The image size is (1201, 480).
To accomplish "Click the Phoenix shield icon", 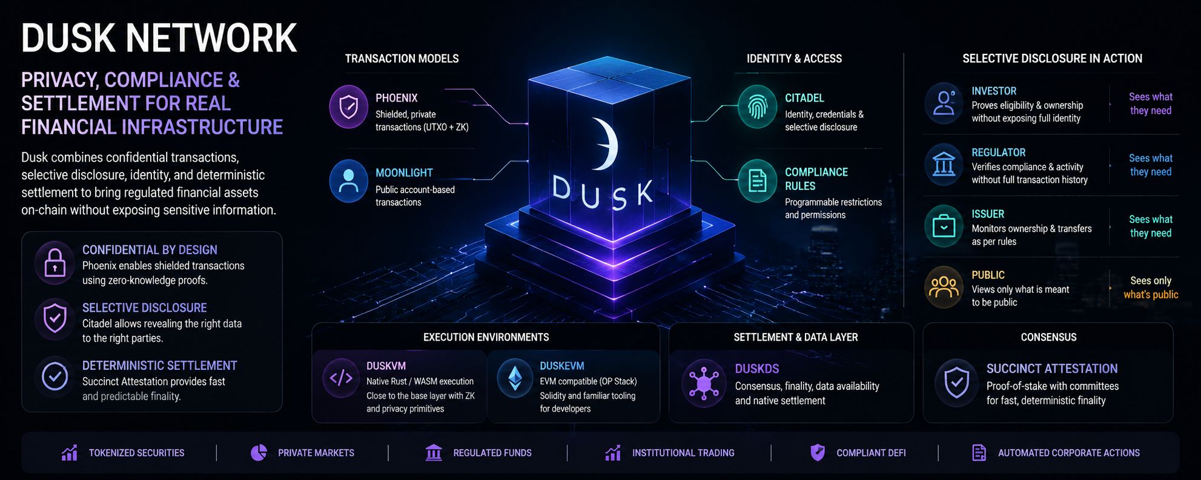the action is pyautogui.click(x=348, y=107).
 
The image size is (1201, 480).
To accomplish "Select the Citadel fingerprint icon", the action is pyautogui.click(x=757, y=107).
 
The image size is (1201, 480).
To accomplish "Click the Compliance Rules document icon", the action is pyautogui.click(x=757, y=181).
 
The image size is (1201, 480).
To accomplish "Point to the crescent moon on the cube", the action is pyautogui.click(x=606, y=144).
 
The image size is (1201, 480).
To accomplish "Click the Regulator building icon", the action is pyautogui.click(x=944, y=165).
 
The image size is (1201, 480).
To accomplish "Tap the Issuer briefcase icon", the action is pyautogui.click(x=944, y=226).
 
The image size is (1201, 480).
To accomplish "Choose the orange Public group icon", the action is pyautogui.click(x=944, y=287).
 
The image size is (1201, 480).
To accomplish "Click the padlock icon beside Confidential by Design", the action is pyautogui.click(x=55, y=263).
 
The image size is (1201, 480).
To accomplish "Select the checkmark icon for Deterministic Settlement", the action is pyautogui.click(x=55, y=376).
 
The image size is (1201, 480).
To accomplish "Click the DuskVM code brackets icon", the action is pyautogui.click(x=341, y=378).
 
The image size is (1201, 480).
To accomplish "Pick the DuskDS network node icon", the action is pyautogui.click(x=703, y=383).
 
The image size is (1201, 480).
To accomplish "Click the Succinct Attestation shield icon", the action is pyautogui.click(x=957, y=383).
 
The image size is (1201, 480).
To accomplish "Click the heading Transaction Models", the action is pyautogui.click(x=402, y=59).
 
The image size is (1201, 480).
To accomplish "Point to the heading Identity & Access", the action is pyautogui.click(x=794, y=59).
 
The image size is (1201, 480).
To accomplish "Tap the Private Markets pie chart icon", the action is pyautogui.click(x=259, y=453).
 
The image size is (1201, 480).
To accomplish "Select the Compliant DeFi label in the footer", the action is pyautogui.click(x=871, y=453).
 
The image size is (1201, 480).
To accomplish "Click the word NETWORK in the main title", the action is pyautogui.click(x=211, y=38).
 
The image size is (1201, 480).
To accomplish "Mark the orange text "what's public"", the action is pyautogui.click(x=1151, y=295).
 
